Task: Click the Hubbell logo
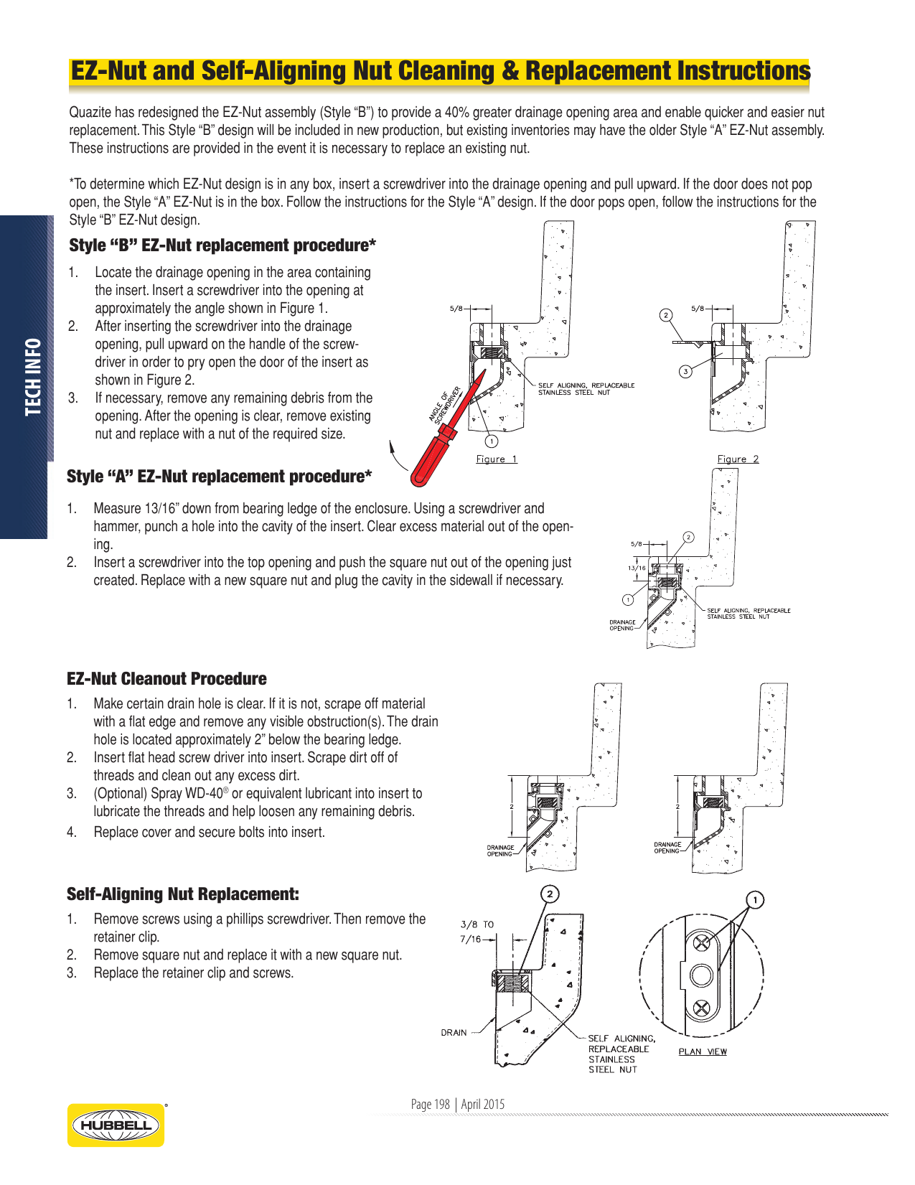click(116, 1125)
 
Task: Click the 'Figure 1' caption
click(497, 459)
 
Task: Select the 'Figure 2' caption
click(738, 459)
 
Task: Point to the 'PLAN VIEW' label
click(703, 1051)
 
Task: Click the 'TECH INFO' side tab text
click(33, 377)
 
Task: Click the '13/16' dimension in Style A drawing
click(637, 568)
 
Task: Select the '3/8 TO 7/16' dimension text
click(475, 932)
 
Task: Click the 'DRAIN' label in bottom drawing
click(454, 1033)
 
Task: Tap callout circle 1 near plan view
click(755, 899)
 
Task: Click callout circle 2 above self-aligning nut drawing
click(550, 894)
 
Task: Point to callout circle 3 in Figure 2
click(686, 371)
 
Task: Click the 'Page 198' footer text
click(430, 1104)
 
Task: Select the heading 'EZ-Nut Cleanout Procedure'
click(166, 679)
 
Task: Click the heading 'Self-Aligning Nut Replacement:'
click(183, 894)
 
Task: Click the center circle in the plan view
click(701, 975)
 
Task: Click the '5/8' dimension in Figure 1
click(456, 309)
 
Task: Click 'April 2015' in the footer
click(483, 1104)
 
